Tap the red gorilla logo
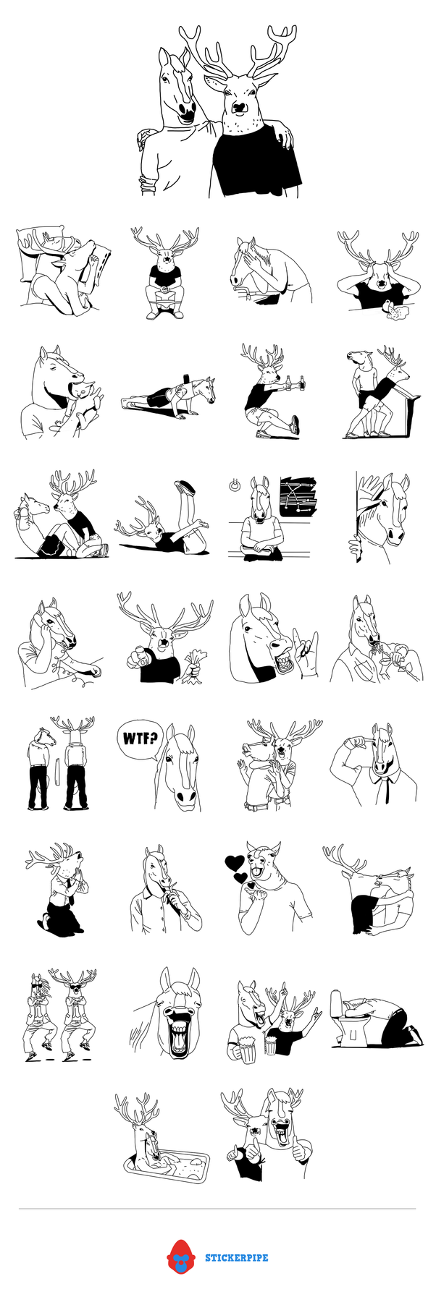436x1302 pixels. pyautogui.click(x=180, y=1257)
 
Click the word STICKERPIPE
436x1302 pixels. pyautogui.click(x=237, y=1258)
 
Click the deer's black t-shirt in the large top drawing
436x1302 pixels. pyautogui.click(x=255, y=160)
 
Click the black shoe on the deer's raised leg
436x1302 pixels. pyautogui.click(x=185, y=486)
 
